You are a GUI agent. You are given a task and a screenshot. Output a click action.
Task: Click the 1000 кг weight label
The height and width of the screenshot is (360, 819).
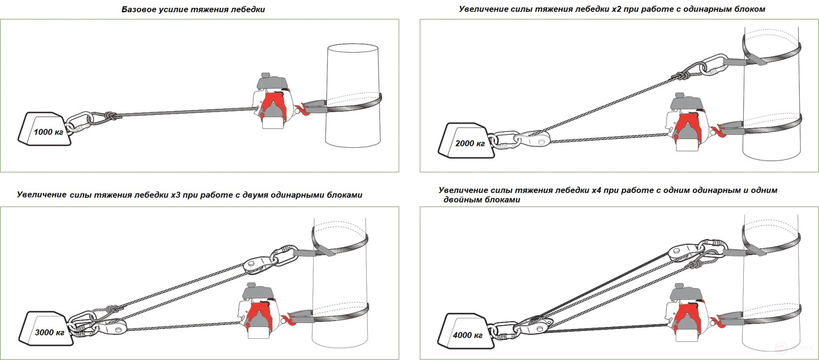click(x=49, y=132)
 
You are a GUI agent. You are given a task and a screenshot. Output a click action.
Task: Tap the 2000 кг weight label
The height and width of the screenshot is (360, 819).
click(x=470, y=143)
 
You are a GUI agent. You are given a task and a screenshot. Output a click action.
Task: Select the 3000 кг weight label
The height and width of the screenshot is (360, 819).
click(x=49, y=332)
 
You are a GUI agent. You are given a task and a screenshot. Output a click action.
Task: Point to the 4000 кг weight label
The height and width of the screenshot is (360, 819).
click(x=468, y=335)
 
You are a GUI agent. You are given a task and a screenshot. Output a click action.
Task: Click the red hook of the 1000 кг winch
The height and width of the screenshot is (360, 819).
click(x=303, y=110)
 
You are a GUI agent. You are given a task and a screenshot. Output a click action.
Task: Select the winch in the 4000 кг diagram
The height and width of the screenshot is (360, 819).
click(x=688, y=313)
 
